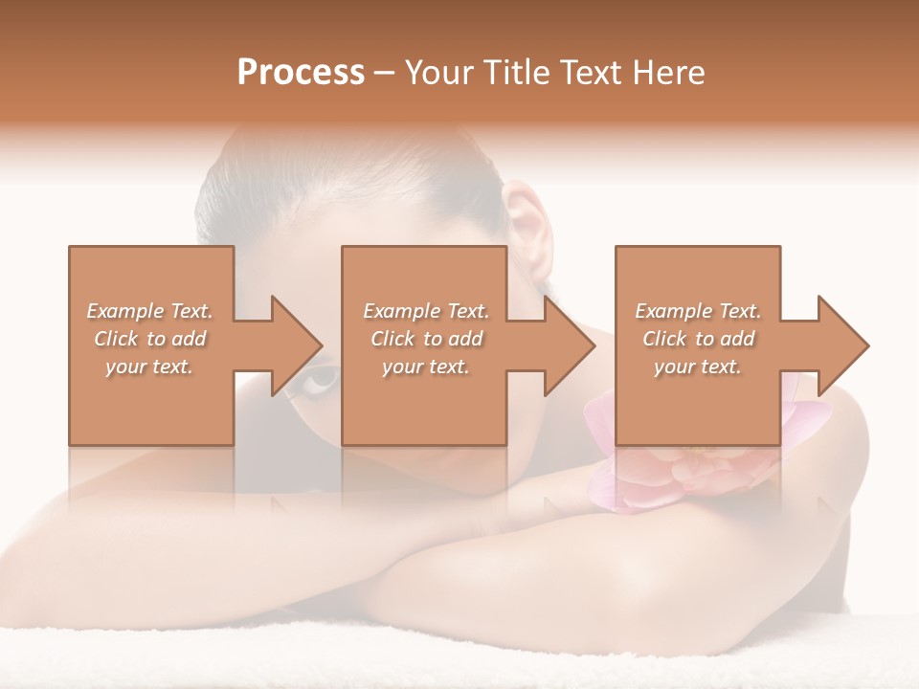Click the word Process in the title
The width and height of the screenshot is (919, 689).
pyautogui.click(x=301, y=73)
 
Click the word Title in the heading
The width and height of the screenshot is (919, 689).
pyautogui.click(x=515, y=73)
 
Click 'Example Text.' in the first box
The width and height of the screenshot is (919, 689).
pyautogui.click(x=149, y=311)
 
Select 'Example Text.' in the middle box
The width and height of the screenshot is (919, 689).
pyautogui.click(x=426, y=311)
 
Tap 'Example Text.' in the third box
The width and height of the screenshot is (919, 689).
pyautogui.click(x=698, y=311)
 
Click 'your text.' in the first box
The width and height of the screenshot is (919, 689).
pyautogui.click(x=149, y=367)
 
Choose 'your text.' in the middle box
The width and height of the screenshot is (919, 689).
pyautogui.click(x=426, y=367)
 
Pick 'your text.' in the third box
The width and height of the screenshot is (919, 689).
pyautogui.click(x=698, y=367)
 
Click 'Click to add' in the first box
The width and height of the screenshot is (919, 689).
pyautogui.click(x=149, y=339)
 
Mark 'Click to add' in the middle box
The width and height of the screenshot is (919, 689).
pyautogui.click(x=426, y=339)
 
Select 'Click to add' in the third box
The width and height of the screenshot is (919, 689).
pyautogui.click(x=698, y=339)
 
